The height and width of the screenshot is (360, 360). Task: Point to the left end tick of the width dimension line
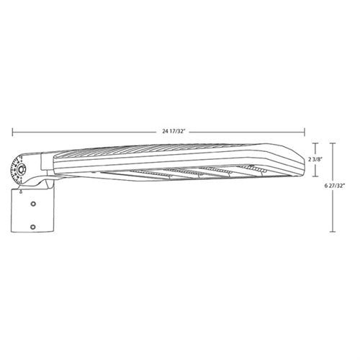(12, 130)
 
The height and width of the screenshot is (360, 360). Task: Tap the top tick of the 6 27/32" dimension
(331, 141)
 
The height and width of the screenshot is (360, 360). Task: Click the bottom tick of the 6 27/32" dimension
(331, 232)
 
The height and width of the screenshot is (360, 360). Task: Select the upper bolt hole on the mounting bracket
(33, 204)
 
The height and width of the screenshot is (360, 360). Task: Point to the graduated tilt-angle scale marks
(14, 171)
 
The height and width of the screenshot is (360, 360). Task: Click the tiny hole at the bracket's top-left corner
(22, 192)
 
